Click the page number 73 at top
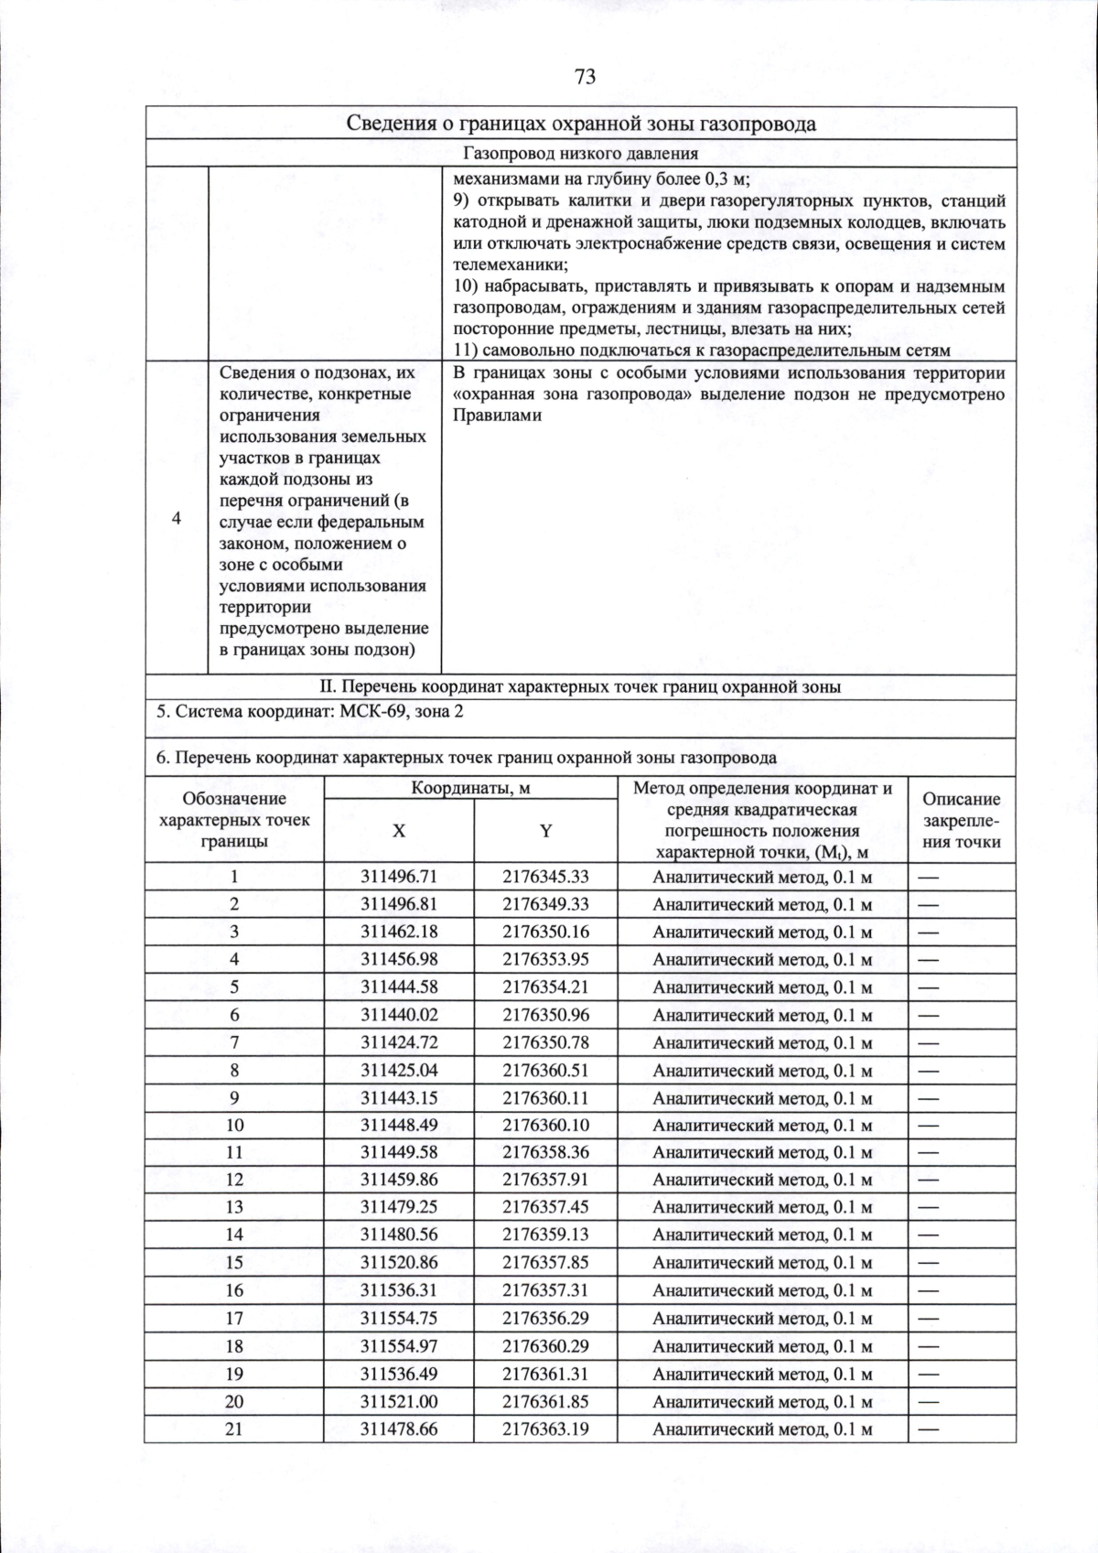point(586,77)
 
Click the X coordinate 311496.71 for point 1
point(399,877)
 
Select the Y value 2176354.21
point(545,987)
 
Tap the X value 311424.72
point(399,1042)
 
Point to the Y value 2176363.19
point(545,1429)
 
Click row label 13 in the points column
point(234,1207)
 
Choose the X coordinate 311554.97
point(399,1346)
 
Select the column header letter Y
point(545,831)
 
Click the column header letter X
point(399,831)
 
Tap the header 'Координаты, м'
point(470,788)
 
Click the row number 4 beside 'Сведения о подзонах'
point(177,519)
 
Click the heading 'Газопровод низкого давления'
point(581,154)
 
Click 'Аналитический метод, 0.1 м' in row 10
point(762,1126)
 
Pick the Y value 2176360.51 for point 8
point(545,1070)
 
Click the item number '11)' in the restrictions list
point(466,351)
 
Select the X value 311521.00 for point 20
point(399,1401)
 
